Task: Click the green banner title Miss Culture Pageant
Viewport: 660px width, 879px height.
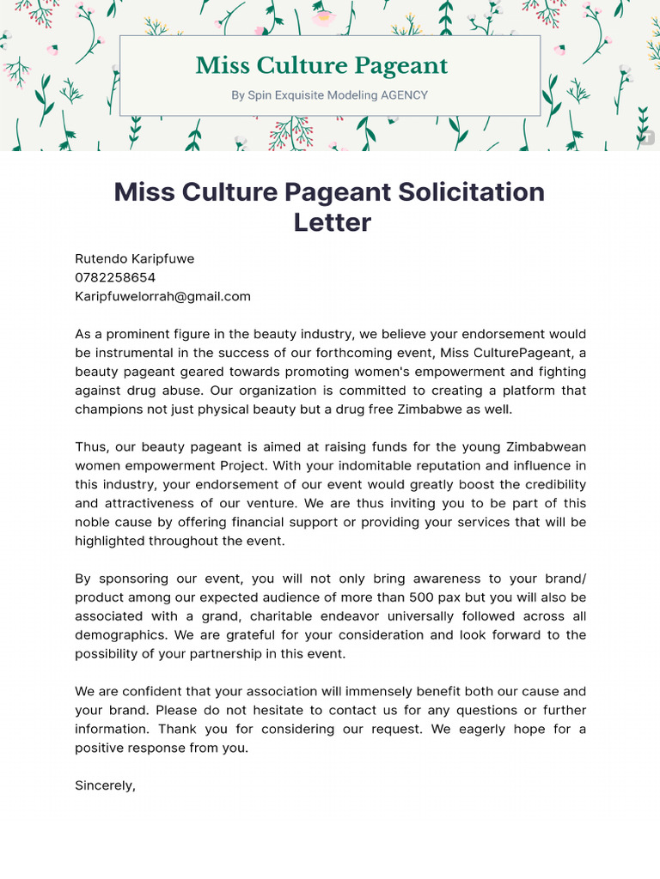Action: click(321, 66)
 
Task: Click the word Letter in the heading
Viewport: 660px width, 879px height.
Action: click(332, 223)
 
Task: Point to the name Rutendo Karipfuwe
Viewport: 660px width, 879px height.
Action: click(135, 259)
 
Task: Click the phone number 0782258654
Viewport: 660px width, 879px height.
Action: click(115, 278)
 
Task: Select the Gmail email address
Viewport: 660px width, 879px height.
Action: click(162, 297)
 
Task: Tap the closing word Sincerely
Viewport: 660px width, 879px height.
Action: click(105, 785)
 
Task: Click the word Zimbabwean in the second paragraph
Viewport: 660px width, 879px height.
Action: click(546, 447)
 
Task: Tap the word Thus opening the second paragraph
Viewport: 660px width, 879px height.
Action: click(89, 447)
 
